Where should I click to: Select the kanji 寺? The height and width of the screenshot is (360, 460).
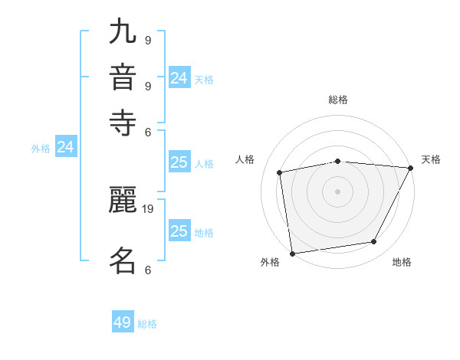pos(123,122)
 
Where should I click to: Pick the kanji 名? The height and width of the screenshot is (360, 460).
pos(123,260)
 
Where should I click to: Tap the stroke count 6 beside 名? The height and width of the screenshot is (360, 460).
pos(148,270)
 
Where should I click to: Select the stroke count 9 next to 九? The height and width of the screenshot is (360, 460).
pos(148,41)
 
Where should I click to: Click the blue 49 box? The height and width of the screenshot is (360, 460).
pos(123,322)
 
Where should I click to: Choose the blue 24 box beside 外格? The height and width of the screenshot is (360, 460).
pos(66,147)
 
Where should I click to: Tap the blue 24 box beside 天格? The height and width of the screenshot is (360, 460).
pos(179,78)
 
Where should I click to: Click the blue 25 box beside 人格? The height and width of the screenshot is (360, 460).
pos(179,162)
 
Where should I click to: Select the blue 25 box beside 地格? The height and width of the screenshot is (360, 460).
pos(179,231)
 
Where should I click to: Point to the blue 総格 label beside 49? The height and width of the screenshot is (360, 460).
pos(147,324)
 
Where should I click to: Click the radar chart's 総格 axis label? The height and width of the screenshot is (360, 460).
pos(338,100)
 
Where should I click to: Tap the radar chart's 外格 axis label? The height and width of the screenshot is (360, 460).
pos(270,263)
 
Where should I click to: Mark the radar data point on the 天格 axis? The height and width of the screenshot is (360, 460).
pos(410,168)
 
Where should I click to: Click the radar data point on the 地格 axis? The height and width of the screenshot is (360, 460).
pos(374,242)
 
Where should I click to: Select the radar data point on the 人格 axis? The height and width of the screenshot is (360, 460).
pos(280,172)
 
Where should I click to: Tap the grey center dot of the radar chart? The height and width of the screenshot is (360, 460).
pos(338,191)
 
